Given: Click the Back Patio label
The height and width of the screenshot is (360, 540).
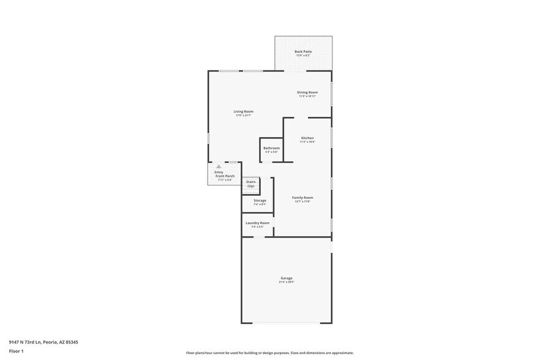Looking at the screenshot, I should [x=303, y=51].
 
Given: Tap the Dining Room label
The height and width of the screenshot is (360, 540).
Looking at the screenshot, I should [x=308, y=92].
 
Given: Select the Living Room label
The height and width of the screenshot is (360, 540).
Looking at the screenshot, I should [x=244, y=111].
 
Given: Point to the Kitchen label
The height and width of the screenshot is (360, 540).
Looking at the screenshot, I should [x=307, y=138].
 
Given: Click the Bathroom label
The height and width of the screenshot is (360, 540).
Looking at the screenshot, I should [x=272, y=148].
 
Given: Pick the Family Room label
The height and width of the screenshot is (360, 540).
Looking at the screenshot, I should [x=302, y=197].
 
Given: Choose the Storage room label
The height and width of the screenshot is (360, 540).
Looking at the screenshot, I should [x=260, y=200].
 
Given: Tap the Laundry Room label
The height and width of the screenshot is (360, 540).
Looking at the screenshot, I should [x=257, y=223].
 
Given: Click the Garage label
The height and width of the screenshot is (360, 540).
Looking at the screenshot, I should [x=287, y=279].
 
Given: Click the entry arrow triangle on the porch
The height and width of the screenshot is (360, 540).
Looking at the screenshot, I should [x=219, y=166].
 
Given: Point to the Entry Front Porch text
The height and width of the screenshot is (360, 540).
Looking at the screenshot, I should [x=224, y=174].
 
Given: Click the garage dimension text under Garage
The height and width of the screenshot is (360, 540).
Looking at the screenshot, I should [x=287, y=282].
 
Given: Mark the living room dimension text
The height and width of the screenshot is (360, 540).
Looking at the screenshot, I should [x=244, y=115].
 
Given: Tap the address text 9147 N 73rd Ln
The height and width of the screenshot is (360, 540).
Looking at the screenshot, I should [x=43, y=342].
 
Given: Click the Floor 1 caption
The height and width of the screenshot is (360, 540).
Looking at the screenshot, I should [x=16, y=351].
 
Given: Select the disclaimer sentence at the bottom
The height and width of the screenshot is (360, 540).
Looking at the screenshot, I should [x=269, y=353].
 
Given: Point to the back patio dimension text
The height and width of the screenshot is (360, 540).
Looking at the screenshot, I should [x=303, y=55].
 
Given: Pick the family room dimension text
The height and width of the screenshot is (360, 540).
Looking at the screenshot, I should [x=302, y=201].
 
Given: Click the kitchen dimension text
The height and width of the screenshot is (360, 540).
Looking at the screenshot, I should [x=307, y=142].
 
